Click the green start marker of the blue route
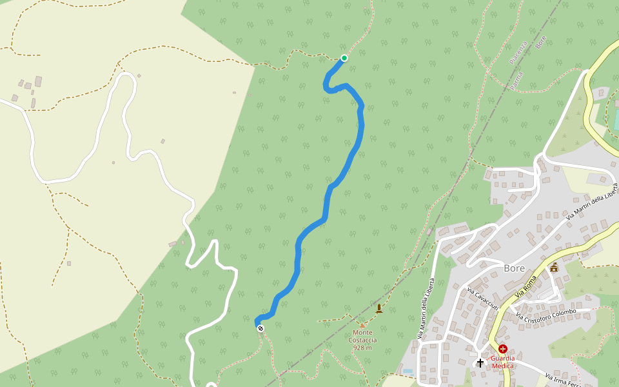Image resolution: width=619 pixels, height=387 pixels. pyautogui.click(x=344, y=58)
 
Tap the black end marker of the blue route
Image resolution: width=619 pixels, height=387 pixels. pyautogui.click(x=260, y=328)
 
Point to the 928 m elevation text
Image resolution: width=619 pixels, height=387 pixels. pyautogui.click(x=362, y=348)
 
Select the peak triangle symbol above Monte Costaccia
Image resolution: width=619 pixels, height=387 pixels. pyautogui.click(x=362, y=324)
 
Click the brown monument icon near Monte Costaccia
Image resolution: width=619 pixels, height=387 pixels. pyautogui.click(x=379, y=308)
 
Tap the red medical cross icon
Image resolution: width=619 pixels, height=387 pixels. pyautogui.click(x=502, y=349)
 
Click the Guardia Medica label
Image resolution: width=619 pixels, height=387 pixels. pyautogui.click(x=502, y=362)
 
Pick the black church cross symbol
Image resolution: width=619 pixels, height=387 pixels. pyautogui.click(x=480, y=362)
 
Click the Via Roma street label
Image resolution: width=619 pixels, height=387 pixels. pyautogui.click(x=526, y=286)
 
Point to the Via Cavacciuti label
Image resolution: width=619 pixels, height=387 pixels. pyautogui.click(x=483, y=299)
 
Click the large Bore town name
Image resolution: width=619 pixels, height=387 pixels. pyautogui.click(x=515, y=268)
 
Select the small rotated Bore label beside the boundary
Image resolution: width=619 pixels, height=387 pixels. pyautogui.click(x=540, y=45)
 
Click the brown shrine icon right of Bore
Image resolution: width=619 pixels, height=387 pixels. pyautogui.click(x=554, y=267)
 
